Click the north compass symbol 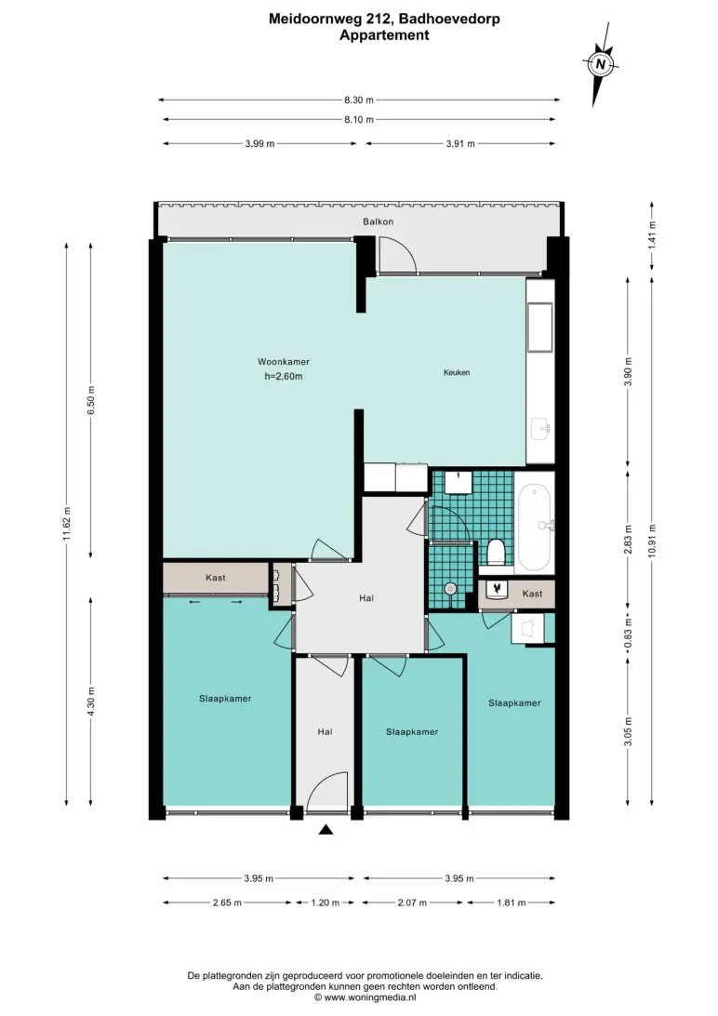601,64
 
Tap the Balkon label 379,221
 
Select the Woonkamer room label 284,362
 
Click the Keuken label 457,372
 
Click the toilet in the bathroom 496,553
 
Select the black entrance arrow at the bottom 326,829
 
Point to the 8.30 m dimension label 359,100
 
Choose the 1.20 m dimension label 325,902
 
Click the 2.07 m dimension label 412,902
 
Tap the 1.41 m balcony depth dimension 652,234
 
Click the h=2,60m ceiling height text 284,377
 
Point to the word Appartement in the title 384,35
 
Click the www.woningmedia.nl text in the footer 370,997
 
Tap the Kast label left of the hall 216,578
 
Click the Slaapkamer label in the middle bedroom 412,732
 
